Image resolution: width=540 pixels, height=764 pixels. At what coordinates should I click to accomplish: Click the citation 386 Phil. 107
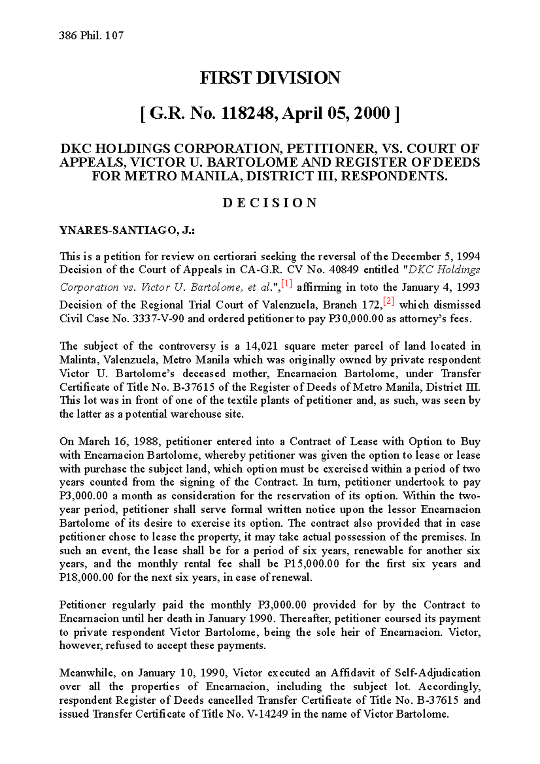91,36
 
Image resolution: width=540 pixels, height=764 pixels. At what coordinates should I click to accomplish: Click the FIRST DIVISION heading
270,78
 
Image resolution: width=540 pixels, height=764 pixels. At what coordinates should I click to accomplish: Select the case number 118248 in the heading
247,113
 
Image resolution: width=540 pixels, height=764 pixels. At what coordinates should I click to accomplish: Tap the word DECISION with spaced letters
270,203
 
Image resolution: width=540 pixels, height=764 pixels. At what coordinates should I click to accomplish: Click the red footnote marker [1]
287,284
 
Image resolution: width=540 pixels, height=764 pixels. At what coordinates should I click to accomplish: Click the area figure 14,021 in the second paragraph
262,346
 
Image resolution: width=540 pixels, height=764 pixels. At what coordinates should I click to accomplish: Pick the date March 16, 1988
115,441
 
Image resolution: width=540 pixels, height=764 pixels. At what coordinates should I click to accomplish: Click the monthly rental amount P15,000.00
312,564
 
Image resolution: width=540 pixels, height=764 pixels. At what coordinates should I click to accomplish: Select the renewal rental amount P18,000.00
86,577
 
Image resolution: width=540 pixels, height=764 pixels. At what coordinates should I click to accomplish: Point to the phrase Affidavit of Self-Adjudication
405,673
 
